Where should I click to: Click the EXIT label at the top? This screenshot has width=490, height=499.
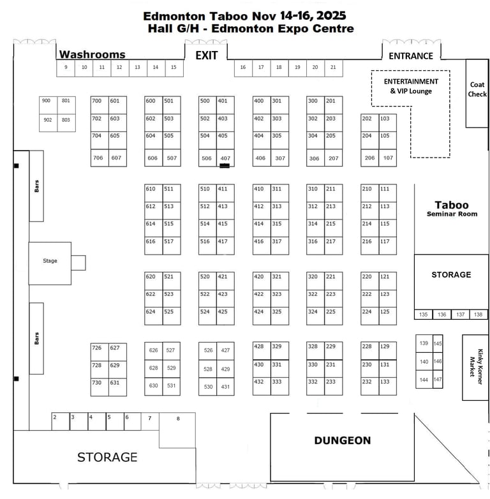[206, 56]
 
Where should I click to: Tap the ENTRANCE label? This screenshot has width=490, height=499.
[411, 56]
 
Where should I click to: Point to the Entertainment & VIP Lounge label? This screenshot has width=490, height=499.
[411, 86]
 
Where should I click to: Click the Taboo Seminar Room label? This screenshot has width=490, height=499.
[452, 208]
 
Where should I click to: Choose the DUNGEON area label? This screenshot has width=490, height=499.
[342, 440]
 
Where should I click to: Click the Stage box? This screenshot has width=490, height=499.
[50, 261]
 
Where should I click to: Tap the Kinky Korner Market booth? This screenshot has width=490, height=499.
[475, 367]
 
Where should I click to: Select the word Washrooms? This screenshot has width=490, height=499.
[92, 55]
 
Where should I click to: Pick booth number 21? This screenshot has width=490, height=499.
[333, 67]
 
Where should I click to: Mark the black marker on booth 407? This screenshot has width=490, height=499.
[225, 165]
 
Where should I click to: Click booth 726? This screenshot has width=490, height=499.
[97, 348]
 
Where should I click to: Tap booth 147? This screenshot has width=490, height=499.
[438, 380]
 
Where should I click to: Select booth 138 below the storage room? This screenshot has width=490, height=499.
[479, 315]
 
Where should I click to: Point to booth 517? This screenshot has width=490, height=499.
[168, 242]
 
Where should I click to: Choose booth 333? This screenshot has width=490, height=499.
[277, 382]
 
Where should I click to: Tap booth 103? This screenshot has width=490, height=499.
[385, 119]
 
